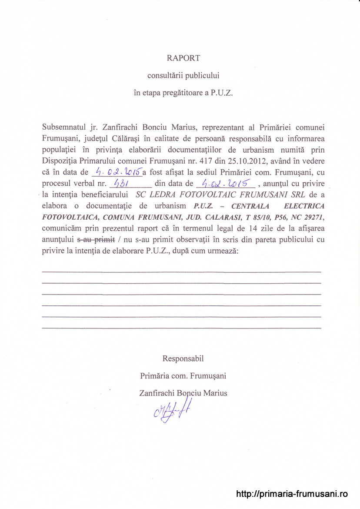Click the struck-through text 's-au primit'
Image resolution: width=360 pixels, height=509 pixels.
(96, 240)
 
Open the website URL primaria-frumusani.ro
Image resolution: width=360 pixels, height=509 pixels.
(292, 494)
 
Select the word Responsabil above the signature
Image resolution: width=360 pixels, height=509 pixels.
(183, 359)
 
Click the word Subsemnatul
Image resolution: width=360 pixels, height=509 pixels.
(63, 127)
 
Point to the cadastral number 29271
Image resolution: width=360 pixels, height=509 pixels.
(314, 217)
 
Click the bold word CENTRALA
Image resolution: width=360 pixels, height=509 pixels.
(250, 206)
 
